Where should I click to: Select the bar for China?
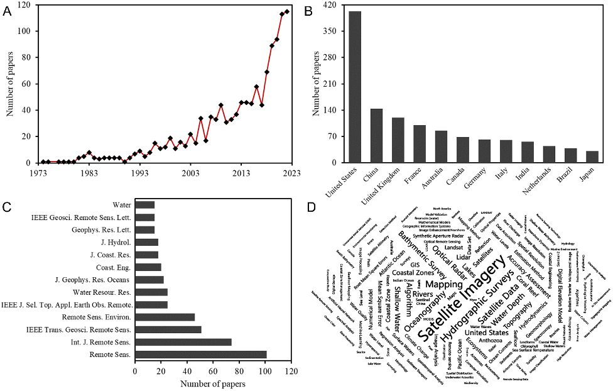[376, 135]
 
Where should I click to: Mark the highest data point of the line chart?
[287, 11]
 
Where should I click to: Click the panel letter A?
[8, 11]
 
